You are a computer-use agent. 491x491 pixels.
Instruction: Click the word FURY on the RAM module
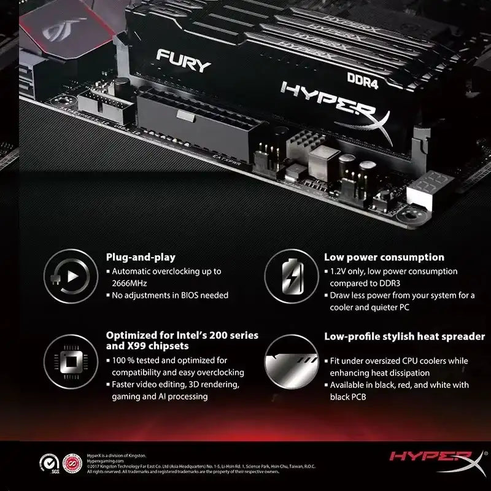coord(184,61)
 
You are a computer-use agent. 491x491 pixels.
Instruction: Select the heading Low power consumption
coord(384,257)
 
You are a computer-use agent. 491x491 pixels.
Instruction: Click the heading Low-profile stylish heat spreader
coord(404,336)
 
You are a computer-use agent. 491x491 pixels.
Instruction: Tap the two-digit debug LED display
coord(430,184)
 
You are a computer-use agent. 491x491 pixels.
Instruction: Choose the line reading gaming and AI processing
coord(159,396)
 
